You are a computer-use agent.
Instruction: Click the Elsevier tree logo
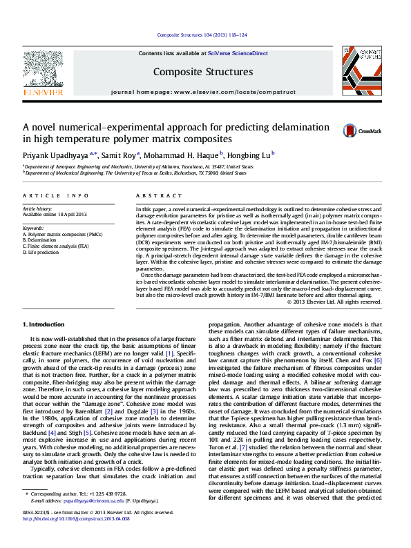(x=44, y=69)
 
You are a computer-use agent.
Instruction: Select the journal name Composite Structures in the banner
(x=202, y=72)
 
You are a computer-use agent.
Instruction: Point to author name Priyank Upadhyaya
(x=52, y=155)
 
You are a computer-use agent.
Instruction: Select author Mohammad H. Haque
(x=181, y=155)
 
